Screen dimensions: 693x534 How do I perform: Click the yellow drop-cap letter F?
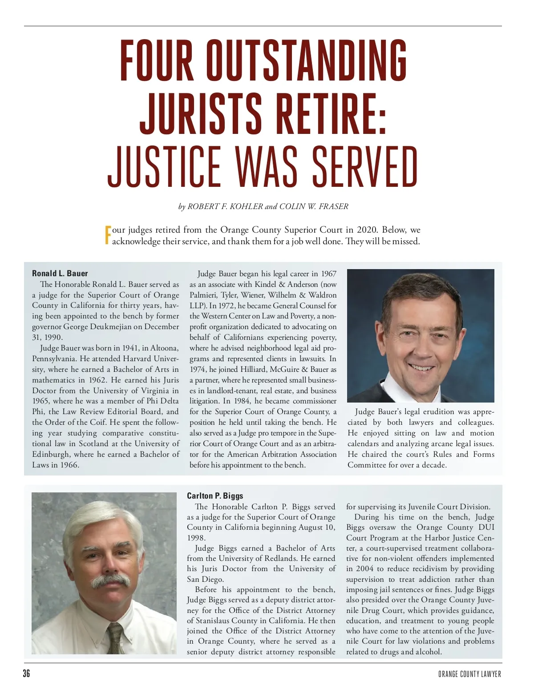point(107,235)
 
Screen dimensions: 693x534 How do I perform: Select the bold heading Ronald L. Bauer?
point(60,274)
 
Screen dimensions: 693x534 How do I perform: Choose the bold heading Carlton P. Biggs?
point(215,496)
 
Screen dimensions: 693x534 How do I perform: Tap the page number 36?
point(27,673)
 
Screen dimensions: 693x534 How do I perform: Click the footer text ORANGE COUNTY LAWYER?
point(469,674)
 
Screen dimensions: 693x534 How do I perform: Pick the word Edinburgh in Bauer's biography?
point(51,454)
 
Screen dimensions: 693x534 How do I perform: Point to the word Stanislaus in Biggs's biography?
point(215,620)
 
